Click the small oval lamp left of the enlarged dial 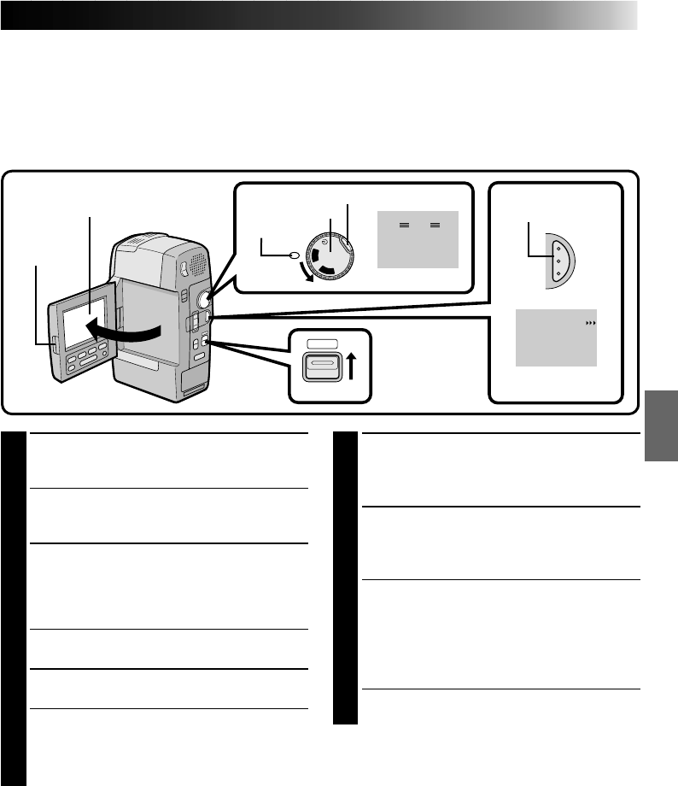point(294,254)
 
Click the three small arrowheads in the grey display point(587,325)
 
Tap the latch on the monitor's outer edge point(53,344)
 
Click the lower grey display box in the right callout point(556,339)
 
